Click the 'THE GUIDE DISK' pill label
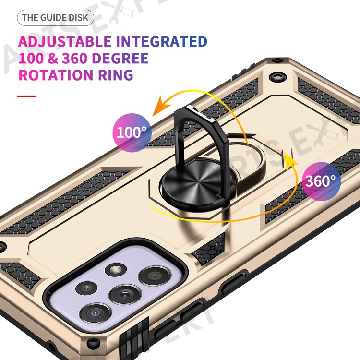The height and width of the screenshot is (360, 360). (x=55, y=18)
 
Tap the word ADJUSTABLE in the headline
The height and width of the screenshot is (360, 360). (x=65, y=42)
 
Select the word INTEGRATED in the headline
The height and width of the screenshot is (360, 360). (x=161, y=42)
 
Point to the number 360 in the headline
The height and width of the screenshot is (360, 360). (x=75, y=58)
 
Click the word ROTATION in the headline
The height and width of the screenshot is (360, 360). (x=56, y=75)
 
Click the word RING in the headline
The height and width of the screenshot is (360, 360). (x=116, y=75)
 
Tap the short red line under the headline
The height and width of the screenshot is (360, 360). (x=26, y=96)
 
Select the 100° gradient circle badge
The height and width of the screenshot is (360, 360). (x=132, y=132)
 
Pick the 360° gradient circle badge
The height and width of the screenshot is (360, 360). (x=321, y=181)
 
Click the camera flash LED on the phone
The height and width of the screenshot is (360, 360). (x=116, y=270)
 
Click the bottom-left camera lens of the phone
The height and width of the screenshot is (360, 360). (x=96, y=313)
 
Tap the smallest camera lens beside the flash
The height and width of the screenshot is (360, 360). (x=86, y=288)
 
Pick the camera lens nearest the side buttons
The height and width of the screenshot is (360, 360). (x=155, y=276)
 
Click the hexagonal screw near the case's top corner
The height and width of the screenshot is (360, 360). (x=278, y=77)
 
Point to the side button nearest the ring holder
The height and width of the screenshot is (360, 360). (x=233, y=283)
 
